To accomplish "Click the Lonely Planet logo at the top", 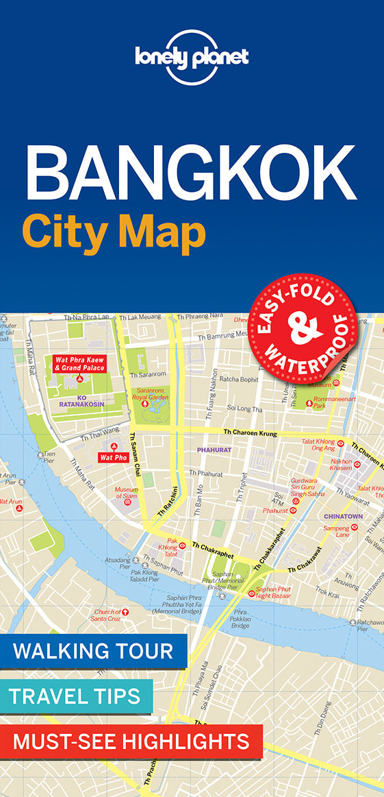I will coord(192,58).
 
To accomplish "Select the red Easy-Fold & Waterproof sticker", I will coord(302,325).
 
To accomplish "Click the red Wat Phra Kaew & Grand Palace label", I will coord(79,363).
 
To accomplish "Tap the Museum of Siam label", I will coord(126,493).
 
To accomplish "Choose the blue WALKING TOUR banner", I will coord(93,650).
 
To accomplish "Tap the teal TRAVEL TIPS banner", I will coord(75,696).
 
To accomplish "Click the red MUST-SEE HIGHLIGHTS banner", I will coord(131,741).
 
